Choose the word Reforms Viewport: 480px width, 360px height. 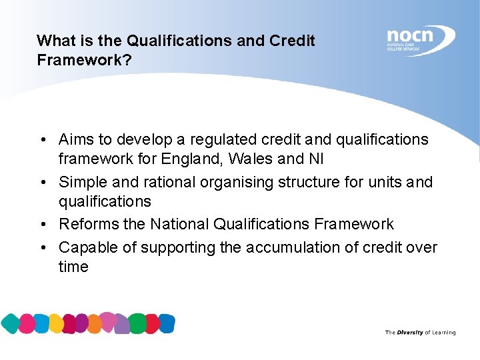pyautogui.click(x=86, y=225)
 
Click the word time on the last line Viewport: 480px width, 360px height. pyautogui.click(x=73, y=267)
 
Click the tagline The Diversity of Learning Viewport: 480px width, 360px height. pyautogui.click(x=420, y=332)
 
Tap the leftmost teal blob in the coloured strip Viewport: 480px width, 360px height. pyautogui.click(x=10, y=324)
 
